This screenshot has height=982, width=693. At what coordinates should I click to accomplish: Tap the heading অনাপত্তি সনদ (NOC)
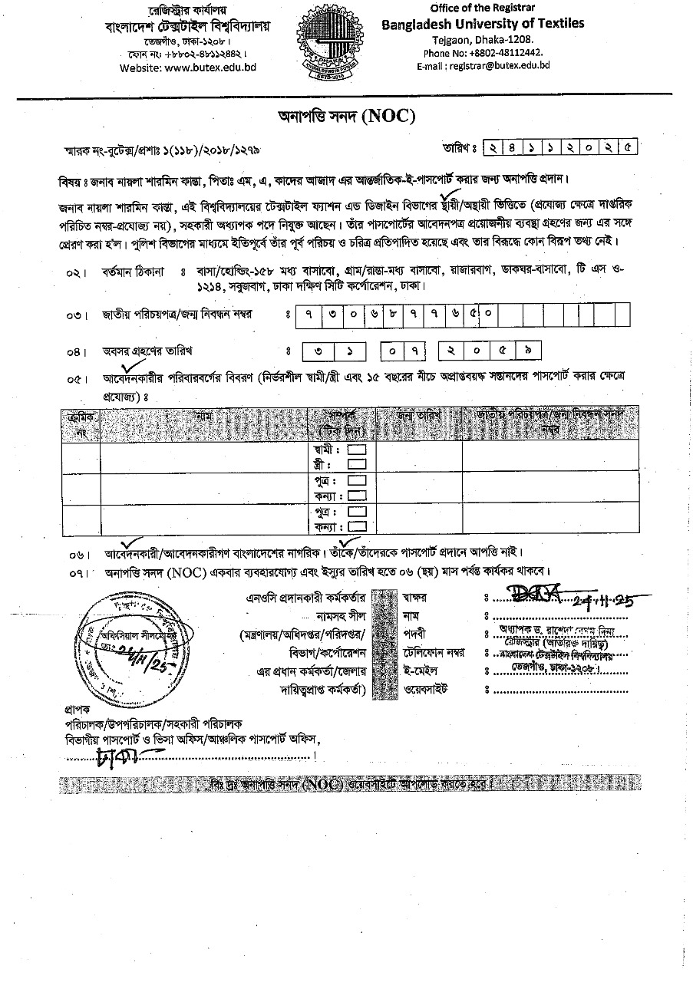(346, 116)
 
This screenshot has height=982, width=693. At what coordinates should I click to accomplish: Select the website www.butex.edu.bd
(188, 68)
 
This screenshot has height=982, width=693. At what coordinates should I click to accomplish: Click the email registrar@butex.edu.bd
(483, 66)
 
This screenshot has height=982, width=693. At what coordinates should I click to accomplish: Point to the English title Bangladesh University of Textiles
(483, 23)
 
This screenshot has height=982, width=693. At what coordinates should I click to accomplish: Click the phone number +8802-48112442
(483, 52)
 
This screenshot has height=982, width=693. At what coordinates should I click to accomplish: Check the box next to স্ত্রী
(357, 464)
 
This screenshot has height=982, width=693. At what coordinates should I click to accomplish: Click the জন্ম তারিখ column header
(418, 415)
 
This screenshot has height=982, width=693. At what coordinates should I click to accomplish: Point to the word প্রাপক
(78, 710)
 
